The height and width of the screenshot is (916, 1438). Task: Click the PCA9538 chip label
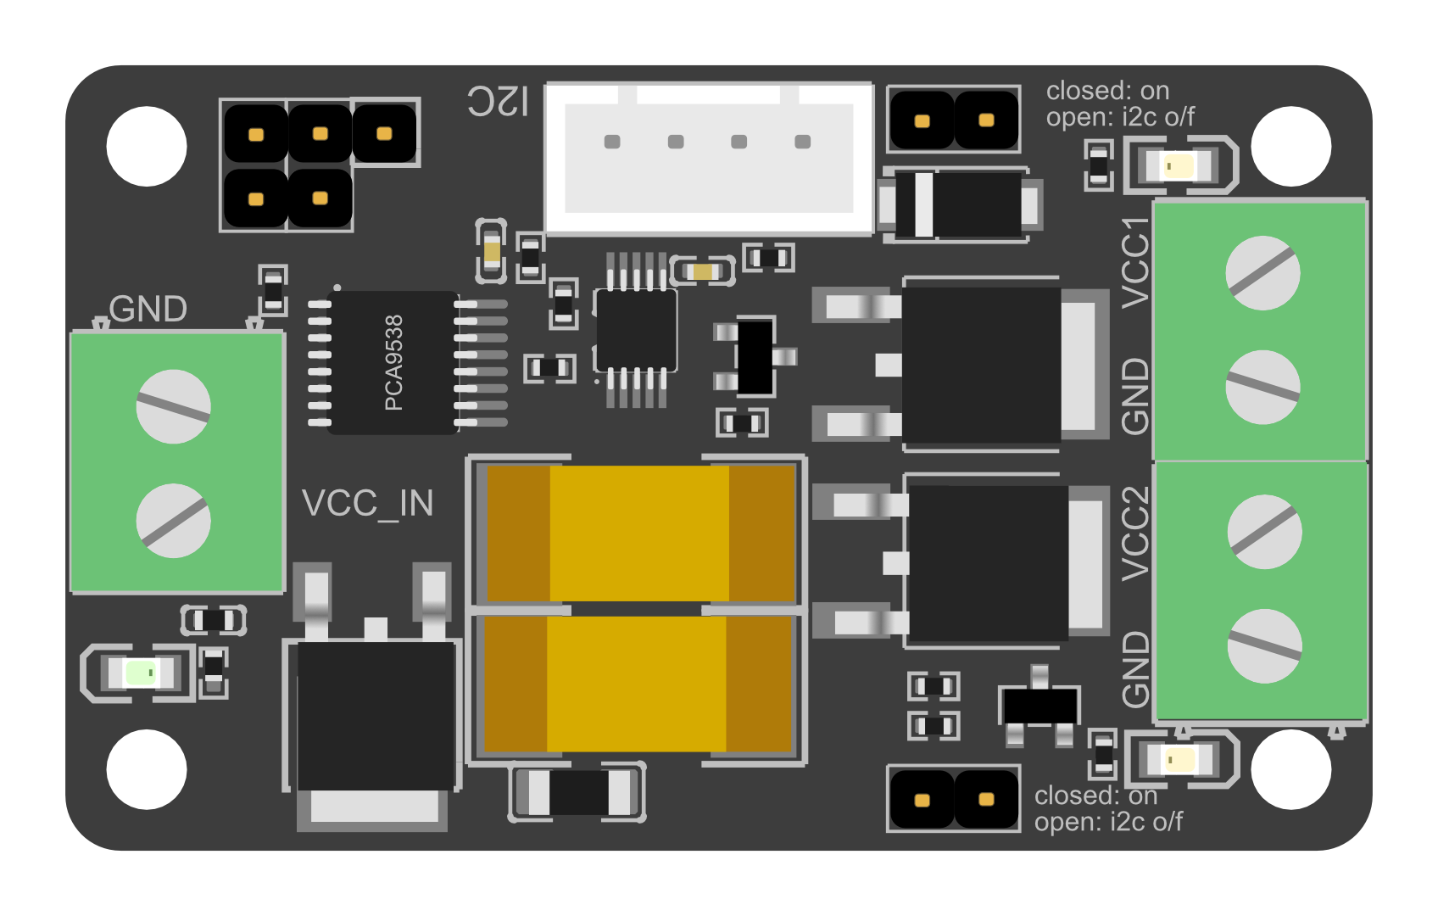(x=393, y=362)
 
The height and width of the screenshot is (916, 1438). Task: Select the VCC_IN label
(x=367, y=504)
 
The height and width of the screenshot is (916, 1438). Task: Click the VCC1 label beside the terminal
(x=1135, y=263)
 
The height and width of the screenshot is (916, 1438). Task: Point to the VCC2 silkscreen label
(x=1135, y=533)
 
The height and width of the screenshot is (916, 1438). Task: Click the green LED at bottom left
(x=140, y=673)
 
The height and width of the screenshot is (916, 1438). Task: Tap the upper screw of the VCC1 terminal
(x=1262, y=273)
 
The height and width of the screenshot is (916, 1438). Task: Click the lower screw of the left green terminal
(x=174, y=521)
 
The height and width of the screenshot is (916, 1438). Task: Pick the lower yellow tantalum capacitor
(x=638, y=684)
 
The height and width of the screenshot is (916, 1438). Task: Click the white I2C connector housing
(x=709, y=159)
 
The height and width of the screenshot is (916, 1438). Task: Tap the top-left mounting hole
(x=147, y=146)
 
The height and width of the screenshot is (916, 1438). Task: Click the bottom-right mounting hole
(x=1291, y=769)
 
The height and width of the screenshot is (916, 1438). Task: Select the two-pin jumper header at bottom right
(x=953, y=799)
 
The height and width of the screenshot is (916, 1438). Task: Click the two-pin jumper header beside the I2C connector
(x=953, y=120)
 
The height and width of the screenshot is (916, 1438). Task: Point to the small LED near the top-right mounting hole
(x=1179, y=165)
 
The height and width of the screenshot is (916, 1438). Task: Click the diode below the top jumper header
(x=961, y=204)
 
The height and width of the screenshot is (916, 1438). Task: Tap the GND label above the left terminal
(x=148, y=310)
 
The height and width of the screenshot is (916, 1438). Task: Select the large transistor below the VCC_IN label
(x=373, y=717)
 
